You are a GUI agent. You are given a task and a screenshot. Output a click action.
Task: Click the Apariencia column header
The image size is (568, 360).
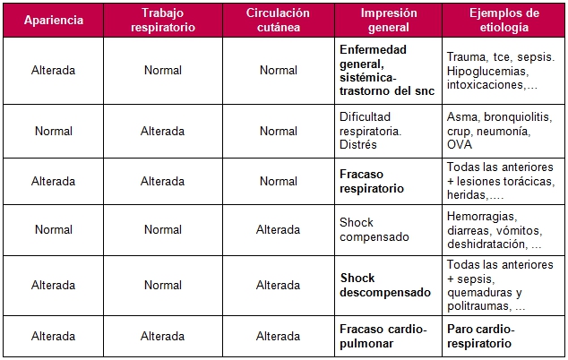tap(54, 21)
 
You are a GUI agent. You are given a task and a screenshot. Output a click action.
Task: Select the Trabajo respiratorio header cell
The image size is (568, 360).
tap(163, 21)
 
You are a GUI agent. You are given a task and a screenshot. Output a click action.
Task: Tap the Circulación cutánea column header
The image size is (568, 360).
tap(279, 21)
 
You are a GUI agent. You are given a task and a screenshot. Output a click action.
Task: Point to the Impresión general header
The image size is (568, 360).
tap(388, 21)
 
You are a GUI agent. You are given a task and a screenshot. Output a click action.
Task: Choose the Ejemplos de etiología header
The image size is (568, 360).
tap(503, 21)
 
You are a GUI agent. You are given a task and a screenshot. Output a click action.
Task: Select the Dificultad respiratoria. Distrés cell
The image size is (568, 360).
tap(371, 131)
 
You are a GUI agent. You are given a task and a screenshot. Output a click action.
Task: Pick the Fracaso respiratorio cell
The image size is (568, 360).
tap(372, 182)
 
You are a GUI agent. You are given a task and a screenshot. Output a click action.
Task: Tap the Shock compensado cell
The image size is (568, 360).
tap(374, 229)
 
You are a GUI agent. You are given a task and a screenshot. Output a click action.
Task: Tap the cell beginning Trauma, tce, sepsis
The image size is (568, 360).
tap(501, 71)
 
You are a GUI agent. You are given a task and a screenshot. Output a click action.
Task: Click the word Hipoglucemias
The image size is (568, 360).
tap(486, 71)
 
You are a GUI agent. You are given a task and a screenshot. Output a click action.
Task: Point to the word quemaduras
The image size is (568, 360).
tap(478, 292)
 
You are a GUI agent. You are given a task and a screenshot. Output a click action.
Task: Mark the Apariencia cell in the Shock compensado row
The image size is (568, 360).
tap(54, 229)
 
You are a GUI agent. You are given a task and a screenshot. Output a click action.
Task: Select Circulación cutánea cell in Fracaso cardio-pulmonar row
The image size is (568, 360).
tap(279, 336)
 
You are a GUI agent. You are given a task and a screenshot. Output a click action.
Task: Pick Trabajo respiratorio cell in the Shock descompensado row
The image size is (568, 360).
tap(163, 285)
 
